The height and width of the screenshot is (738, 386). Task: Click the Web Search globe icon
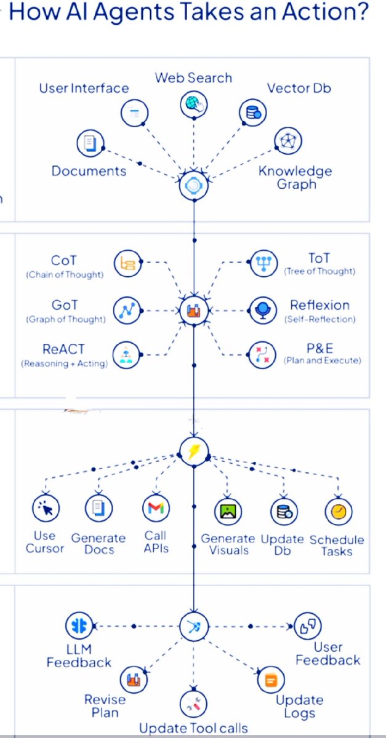pos(195,104)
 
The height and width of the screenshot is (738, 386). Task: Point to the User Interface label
pos(84,88)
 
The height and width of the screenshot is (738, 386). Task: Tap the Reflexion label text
pos(320,305)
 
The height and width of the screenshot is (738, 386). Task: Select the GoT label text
pos(65,305)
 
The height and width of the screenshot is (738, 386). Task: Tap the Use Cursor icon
pos(46,509)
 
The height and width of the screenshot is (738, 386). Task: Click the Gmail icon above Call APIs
pos(155,509)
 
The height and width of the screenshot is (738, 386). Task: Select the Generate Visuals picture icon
pos(228,510)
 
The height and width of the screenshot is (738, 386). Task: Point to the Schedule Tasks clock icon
pos(339,510)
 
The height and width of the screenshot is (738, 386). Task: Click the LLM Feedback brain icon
pos(79,626)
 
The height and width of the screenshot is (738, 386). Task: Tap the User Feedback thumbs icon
pos(308,626)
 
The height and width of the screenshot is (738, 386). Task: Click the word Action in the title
pos(331,13)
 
